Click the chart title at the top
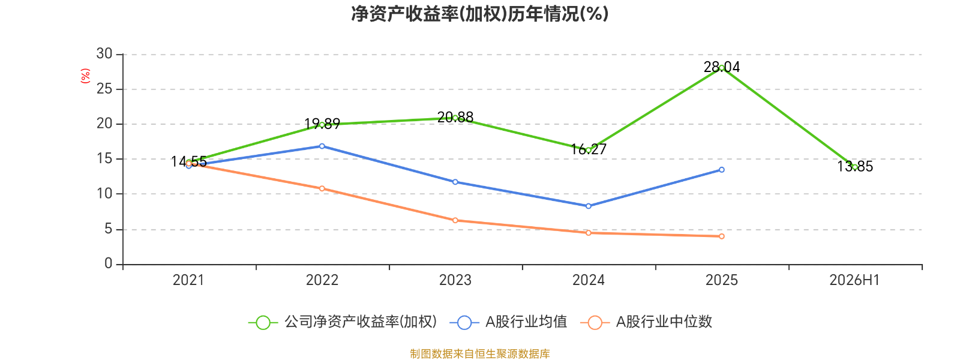479,14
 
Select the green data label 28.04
722,67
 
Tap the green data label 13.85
855,166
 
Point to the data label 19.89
322,124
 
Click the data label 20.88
455,117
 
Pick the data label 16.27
589,149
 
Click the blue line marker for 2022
322,146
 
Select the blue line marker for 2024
589,206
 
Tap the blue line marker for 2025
722,170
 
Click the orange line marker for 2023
455,220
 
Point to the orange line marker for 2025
722,236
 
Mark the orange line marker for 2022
322,188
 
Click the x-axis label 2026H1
854,280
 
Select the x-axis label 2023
455,280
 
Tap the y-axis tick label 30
104,53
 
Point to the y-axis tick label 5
108,229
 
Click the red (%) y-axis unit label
85,76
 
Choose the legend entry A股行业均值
508,322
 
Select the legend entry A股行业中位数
646,322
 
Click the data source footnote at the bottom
479,353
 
